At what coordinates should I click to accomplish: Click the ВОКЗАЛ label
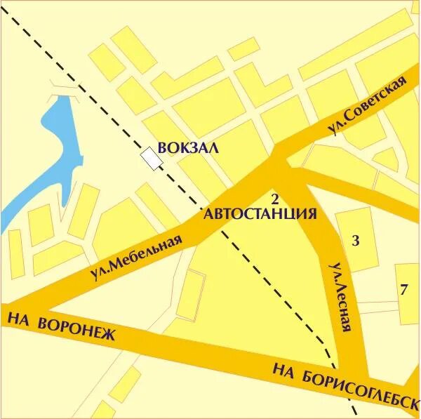point(188,148)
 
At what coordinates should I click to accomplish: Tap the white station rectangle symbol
point(152,158)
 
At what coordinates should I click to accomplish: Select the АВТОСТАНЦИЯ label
point(260,214)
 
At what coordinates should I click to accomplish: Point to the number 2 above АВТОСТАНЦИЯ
point(275,198)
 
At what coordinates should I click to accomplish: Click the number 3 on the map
point(356,241)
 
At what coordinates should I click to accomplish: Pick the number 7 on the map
point(403,290)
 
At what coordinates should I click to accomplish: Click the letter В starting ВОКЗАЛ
point(162,148)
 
